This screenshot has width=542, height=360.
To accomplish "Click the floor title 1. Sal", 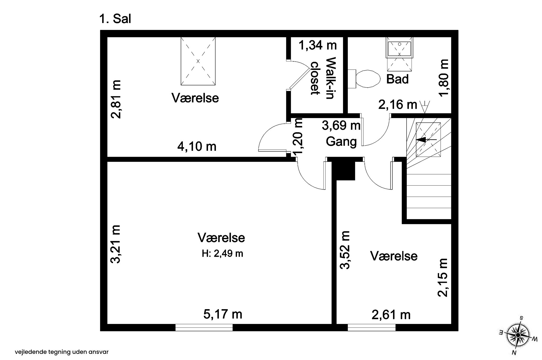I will [x=115, y=19].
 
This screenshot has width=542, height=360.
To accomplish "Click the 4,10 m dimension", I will [x=197, y=146].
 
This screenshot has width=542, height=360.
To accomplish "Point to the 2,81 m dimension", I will [x=116, y=99].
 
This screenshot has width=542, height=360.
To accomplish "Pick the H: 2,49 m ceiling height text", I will [x=222, y=254].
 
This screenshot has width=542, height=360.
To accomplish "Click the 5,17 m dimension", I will [x=223, y=314].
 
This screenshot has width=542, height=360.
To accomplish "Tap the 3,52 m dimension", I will [x=345, y=250].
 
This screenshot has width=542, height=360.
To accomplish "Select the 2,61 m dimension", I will [x=391, y=315].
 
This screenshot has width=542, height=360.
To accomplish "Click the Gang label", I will [x=341, y=141].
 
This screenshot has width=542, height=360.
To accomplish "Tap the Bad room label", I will [x=397, y=79].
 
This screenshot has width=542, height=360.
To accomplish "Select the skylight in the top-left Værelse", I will [x=198, y=61].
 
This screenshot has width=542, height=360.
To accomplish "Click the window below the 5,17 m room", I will [x=204, y=328].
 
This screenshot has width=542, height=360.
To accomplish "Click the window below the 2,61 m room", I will [x=372, y=328].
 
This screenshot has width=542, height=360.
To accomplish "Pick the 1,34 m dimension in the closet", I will [x=317, y=45].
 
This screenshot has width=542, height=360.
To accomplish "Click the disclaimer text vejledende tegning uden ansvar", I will [x=62, y=352].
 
